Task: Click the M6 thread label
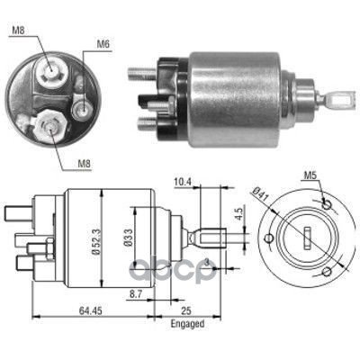(x=103, y=44)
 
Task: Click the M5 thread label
(x=310, y=175)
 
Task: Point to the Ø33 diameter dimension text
(x=129, y=238)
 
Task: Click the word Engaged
(x=187, y=324)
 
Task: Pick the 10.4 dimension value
(x=182, y=182)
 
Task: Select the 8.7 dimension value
(x=136, y=295)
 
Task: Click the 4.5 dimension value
(x=239, y=214)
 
